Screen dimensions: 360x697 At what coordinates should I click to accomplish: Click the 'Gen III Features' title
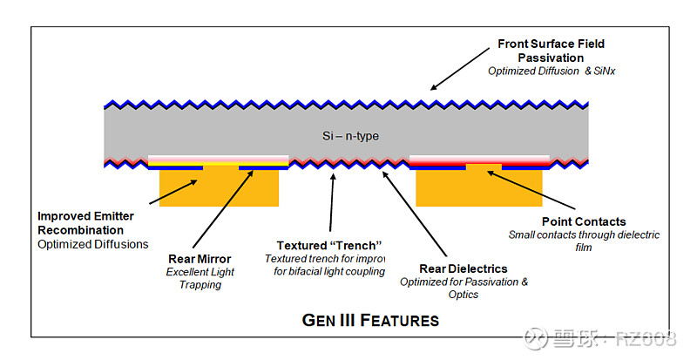tap(370, 319)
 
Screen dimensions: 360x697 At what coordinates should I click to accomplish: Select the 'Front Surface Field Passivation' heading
tap(551, 51)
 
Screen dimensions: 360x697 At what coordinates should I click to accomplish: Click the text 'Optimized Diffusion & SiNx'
tap(552, 71)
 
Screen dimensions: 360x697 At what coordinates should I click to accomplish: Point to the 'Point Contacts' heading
tap(584, 222)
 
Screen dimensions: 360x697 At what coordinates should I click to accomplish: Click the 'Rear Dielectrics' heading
tap(464, 268)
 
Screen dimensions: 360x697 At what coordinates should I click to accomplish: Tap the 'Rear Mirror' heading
tap(200, 259)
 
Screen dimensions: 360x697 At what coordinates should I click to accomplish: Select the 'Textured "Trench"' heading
tap(330, 245)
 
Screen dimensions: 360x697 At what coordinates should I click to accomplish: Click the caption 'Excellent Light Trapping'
tap(200, 278)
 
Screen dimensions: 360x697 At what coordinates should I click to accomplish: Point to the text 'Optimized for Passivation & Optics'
tap(464, 288)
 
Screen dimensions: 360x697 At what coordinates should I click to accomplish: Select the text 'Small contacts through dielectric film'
tap(584, 241)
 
